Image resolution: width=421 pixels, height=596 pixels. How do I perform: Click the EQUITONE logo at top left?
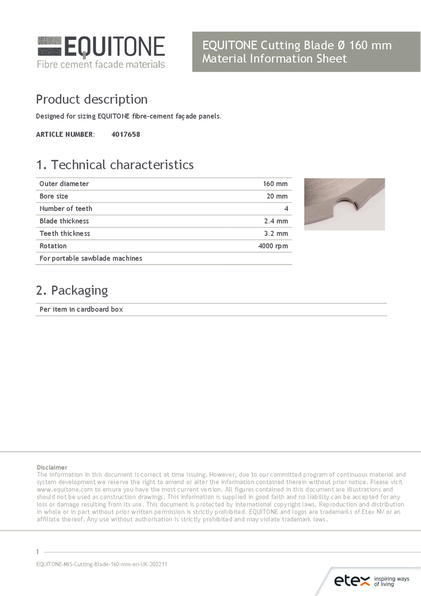101,46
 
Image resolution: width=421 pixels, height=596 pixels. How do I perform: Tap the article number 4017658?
126,135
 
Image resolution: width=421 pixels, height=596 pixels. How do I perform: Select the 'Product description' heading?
92,100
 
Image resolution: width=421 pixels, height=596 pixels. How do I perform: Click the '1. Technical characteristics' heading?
115,165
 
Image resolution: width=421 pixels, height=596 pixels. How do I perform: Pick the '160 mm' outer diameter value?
275,184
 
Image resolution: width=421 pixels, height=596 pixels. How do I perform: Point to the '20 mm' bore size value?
277,197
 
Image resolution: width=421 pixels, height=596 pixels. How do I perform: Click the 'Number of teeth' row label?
66,209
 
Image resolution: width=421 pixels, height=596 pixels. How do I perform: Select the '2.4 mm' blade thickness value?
276,221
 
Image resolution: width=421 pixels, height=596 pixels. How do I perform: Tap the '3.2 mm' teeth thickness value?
276,234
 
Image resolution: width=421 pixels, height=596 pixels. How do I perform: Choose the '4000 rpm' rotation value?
273,246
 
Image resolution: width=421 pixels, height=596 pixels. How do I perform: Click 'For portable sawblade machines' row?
91,259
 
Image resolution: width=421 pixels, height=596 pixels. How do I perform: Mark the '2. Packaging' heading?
72,291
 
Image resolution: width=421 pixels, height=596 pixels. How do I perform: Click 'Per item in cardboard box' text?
82,310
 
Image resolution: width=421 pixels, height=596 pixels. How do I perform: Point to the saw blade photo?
344,204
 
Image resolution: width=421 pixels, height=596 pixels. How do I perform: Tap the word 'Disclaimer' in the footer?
52,467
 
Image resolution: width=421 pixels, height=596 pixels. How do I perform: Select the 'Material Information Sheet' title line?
275,59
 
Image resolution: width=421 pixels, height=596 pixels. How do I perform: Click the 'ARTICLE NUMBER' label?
65,135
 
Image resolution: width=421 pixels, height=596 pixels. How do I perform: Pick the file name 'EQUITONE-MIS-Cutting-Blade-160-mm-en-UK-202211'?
102,564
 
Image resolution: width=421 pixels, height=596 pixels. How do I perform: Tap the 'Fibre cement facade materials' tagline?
101,64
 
